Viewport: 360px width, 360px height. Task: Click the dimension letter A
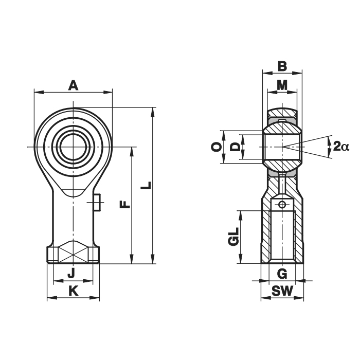(x=73, y=85)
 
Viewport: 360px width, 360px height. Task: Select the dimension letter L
(x=147, y=185)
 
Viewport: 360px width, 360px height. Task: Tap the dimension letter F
(x=124, y=205)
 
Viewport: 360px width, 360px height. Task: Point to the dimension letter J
(x=71, y=273)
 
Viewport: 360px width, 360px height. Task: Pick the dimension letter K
(x=74, y=291)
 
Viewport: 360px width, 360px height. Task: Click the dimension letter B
(x=282, y=66)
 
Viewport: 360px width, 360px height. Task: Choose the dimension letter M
(x=282, y=85)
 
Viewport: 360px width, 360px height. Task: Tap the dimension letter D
(x=235, y=147)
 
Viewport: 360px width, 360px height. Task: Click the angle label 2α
(x=340, y=147)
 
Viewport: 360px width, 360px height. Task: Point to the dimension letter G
(x=281, y=273)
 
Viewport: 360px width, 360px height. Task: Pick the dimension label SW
(x=282, y=291)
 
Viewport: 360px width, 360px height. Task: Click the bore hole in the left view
(x=74, y=148)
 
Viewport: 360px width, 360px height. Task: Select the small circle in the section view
(x=282, y=205)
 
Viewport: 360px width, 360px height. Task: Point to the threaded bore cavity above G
(x=282, y=237)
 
